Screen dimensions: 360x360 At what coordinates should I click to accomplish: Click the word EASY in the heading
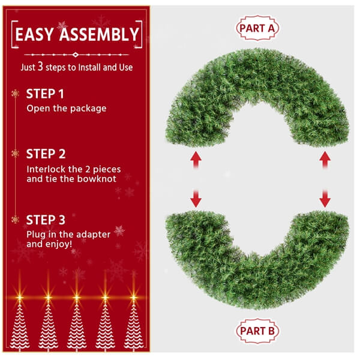point(37,34)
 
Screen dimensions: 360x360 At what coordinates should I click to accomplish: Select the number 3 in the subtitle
point(40,67)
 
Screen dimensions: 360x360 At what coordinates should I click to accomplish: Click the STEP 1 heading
point(46,94)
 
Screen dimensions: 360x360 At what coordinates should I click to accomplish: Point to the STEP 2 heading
point(46,154)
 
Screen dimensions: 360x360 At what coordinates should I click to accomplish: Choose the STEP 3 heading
point(46,219)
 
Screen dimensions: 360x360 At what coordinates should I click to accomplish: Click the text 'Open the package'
point(66,109)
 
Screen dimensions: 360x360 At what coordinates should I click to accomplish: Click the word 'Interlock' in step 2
point(44,169)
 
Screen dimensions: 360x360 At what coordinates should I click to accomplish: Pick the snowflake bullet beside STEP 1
point(15,94)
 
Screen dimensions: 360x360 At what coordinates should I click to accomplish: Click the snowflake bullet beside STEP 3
point(15,219)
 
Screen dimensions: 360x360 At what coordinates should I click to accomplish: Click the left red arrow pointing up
point(195,160)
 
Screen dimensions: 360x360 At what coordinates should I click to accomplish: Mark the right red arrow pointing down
point(325,197)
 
